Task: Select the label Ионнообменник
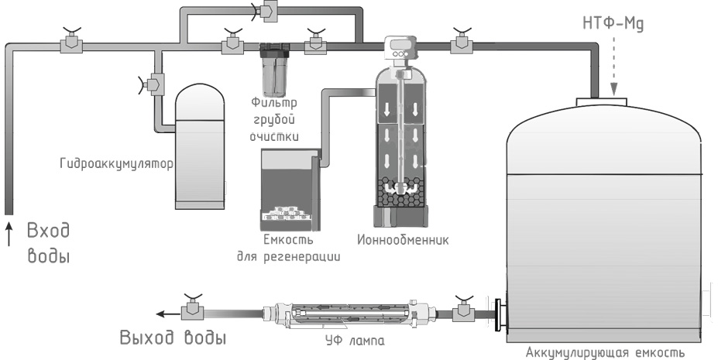coord(403,239)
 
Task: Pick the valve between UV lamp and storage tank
coord(463,309)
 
